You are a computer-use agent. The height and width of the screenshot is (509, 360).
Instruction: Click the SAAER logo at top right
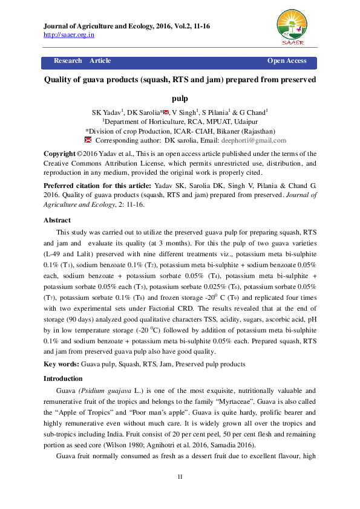coord(292,27)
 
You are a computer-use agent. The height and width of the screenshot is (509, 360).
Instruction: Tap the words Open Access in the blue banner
coord(287,61)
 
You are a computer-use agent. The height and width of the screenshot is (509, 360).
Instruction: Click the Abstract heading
coord(57,221)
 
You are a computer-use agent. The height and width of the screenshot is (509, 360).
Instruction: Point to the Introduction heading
coord(64,378)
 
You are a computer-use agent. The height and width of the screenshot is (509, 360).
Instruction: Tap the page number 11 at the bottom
coord(180,478)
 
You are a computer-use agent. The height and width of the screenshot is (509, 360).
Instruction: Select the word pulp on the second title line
coord(180,98)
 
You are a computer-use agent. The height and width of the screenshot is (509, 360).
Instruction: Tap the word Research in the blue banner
coord(68,61)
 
